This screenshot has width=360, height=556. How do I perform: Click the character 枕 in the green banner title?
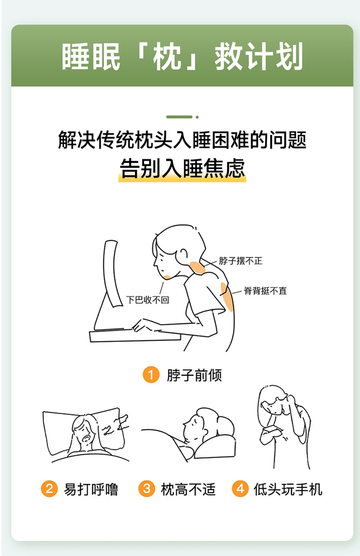167,56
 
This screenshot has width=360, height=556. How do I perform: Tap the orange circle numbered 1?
151,374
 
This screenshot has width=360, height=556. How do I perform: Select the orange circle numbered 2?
49,489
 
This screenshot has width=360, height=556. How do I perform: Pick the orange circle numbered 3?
147,489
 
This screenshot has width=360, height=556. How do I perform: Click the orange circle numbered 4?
240,489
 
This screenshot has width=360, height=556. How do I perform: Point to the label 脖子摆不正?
241,261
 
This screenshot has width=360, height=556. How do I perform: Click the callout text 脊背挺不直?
265,291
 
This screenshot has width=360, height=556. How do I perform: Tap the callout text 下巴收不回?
148,300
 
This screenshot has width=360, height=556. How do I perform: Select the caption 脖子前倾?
194,375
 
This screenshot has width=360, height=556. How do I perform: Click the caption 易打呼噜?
91,489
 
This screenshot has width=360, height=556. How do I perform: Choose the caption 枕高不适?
188,489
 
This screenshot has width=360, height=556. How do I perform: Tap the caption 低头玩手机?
288,489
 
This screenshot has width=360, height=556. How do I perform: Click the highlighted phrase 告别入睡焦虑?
182,168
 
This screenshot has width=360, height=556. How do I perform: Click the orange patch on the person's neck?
197,268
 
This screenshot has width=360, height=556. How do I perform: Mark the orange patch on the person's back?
227,296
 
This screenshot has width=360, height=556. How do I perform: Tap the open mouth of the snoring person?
86,439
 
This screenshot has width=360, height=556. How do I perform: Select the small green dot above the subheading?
197,117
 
